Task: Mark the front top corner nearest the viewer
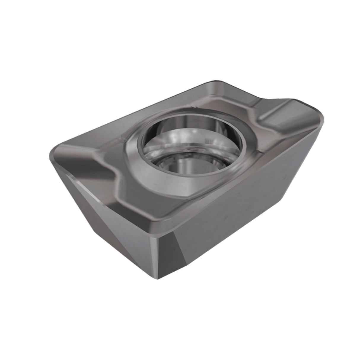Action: pyautogui.click(x=160, y=222)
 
